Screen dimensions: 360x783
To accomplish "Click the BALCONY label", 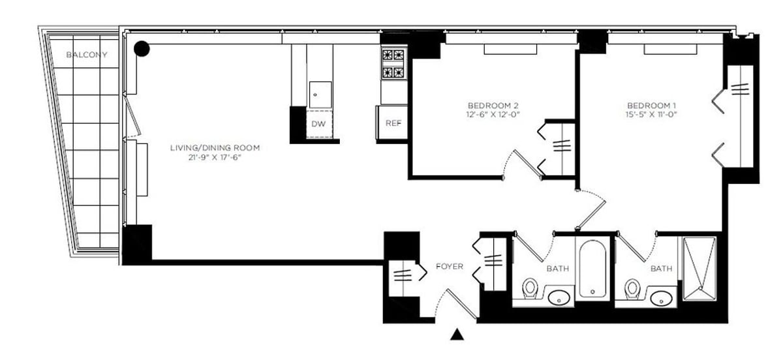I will pos(87,55).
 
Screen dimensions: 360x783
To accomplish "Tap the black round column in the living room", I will pos(142,48).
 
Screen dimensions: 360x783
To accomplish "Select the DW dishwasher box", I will pos(318,123).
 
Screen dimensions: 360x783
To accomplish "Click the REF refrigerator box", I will pos(392,123).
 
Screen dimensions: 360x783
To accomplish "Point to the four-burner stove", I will pos(393,64).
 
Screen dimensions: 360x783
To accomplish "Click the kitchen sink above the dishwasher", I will pos(320,95).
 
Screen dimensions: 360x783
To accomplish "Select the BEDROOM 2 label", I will pos(493,106).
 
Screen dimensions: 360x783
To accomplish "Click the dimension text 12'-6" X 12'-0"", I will pos(493,115).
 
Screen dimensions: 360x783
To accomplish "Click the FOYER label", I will pos(450,267).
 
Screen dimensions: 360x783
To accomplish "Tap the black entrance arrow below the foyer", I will pos(457,335).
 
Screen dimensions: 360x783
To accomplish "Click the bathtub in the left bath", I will pos(592,269).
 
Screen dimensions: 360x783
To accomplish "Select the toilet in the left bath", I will pos(530,288).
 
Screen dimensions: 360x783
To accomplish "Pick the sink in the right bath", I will pos(662,299).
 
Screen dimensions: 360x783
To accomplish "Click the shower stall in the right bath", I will pos(699,268).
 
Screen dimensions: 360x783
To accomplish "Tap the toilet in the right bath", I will pos(632,288).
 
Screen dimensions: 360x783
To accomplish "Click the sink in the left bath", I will pos(559,299).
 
